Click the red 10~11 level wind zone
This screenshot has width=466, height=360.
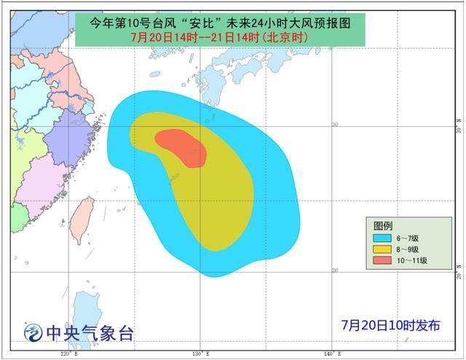click(x=182, y=146)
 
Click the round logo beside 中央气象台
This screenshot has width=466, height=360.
click(x=33, y=333)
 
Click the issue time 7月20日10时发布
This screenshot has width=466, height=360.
click(x=392, y=325)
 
